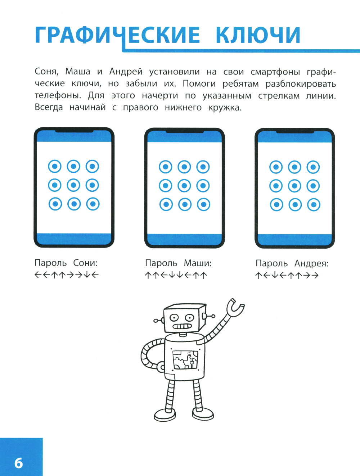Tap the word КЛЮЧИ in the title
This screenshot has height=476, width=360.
(258, 35)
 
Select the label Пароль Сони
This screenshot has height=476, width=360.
(66, 263)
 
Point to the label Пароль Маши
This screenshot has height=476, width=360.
(178, 263)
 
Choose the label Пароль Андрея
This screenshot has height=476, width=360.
(292, 263)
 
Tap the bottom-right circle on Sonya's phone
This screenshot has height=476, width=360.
(93, 204)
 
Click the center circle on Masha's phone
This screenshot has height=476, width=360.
(184, 186)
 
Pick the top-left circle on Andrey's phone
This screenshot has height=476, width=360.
(276, 167)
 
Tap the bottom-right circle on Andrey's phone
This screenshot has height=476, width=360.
(314, 204)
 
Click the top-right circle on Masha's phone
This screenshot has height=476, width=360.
(203, 167)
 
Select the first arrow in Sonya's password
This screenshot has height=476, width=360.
(38, 275)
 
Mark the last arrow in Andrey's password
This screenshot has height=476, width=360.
(315, 275)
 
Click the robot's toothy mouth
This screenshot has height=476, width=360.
(181, 326)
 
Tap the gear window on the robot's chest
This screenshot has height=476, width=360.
(185, 359)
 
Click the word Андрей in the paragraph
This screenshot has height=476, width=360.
(126, 72)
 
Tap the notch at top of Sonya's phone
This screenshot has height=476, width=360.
(74, 131)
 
